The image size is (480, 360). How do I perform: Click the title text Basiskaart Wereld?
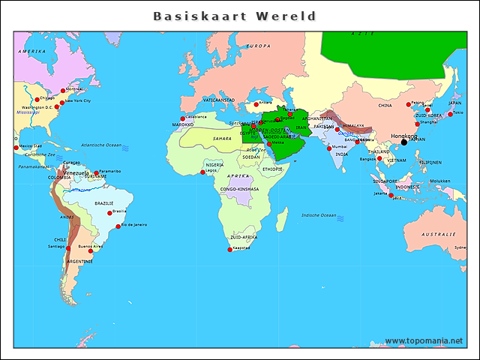[235, 16]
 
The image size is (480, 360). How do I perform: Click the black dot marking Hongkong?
[403, 142]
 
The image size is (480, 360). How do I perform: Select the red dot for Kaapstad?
[230, 250]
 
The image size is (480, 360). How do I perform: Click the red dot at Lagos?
[202, 172]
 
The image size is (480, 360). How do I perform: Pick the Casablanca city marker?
[182, 118]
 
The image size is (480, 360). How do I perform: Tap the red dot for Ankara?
[255, 105]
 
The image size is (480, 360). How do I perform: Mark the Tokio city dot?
[450, 114]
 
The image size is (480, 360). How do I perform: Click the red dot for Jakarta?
[391, 195]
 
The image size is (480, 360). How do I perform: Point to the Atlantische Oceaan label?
[100, 145]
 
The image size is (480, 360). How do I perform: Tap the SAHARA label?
[222, 138]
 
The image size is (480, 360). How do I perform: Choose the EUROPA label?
[258, 46]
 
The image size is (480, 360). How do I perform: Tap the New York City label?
[77, 100]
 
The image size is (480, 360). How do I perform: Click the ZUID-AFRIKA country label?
[244, 236]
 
